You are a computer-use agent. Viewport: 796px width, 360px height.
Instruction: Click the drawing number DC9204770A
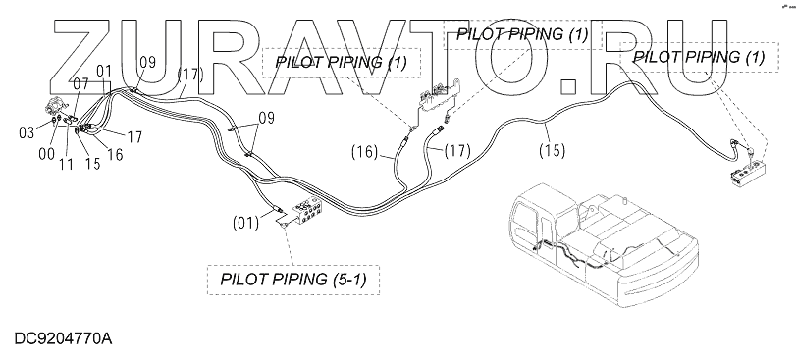64,338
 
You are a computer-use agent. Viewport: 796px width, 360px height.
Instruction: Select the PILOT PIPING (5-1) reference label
292,280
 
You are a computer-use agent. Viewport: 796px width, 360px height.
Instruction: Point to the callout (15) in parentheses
553,151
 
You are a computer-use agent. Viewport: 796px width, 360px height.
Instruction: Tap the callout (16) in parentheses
365,152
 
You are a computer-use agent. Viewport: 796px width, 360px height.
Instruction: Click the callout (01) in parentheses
245,222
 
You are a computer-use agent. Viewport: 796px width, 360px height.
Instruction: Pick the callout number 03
27,132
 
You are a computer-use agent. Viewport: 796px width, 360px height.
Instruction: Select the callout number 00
47,154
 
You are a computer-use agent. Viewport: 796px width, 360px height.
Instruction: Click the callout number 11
66,164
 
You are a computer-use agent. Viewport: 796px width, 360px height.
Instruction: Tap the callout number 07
80,83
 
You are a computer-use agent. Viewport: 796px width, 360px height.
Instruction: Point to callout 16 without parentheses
115,154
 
